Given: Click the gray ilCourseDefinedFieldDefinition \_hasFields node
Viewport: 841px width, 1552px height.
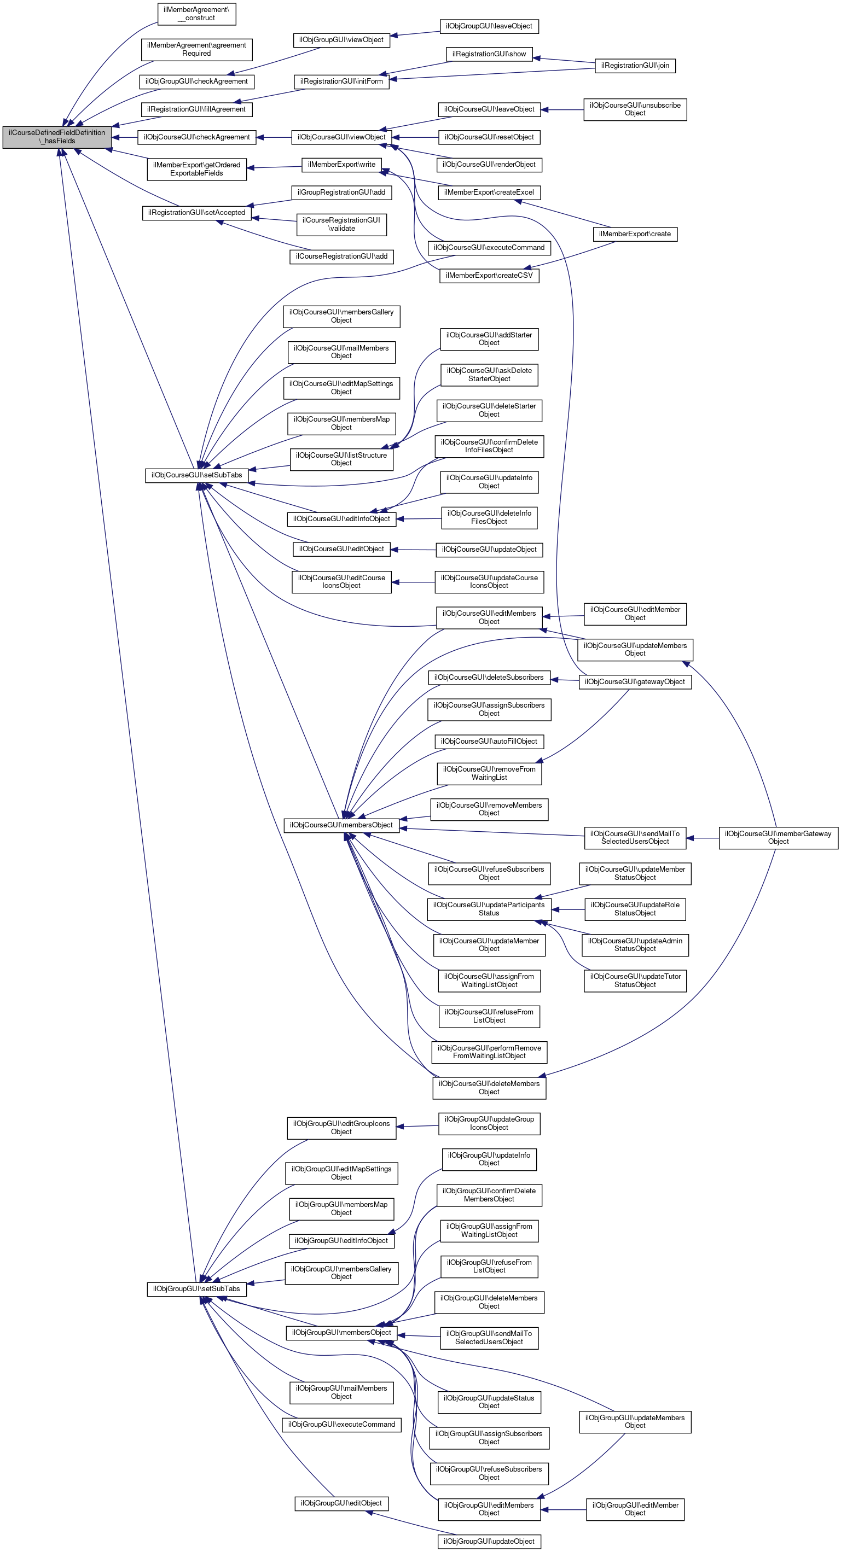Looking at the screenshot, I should click(x=57, y=137).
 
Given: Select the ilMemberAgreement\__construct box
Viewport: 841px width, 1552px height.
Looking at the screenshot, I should click(x=196, y=14).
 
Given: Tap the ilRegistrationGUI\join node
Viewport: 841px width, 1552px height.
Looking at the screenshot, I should click(x=635, y=66).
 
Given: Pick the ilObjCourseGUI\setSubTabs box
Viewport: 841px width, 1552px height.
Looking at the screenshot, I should click(x=196, y=475).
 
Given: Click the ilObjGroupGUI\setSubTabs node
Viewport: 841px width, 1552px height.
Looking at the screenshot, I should click(x=196, y=1289).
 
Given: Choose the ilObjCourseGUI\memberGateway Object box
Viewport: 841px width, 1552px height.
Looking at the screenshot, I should click(x=778, y=837).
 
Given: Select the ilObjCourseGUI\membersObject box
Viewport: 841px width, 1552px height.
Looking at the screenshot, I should click(x=341, y=825).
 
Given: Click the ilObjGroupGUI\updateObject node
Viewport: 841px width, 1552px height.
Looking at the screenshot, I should click(x=489, y=1541).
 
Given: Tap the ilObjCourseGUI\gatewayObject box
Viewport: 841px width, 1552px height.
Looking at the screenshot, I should click(x=635, y=682).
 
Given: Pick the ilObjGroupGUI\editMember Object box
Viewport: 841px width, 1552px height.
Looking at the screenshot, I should click(x=635, y=1509).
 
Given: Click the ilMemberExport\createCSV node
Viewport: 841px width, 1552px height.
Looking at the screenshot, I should click(x=489, y=276).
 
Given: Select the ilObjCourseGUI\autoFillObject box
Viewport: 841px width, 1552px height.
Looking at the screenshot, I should click(x=489, y=742).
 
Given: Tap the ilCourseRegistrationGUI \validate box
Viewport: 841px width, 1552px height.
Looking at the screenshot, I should click(x=341, y=225).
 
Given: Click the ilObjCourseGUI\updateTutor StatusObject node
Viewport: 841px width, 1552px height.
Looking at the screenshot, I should click(x=635, y=981).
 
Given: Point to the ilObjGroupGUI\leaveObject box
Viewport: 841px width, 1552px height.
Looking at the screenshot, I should click(x=489, y=26).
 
